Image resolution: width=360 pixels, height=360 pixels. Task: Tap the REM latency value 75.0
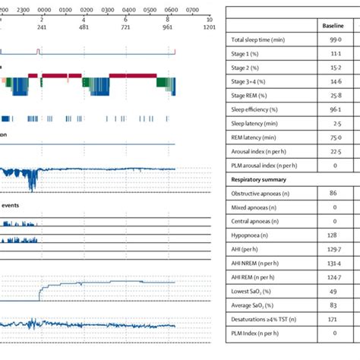click(x=335, y=137)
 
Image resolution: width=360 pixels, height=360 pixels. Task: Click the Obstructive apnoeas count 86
click(x=333, y=194)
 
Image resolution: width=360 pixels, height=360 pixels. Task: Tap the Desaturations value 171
click(x=333, y=319)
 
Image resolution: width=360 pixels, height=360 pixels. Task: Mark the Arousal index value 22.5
click(x=335, y=151)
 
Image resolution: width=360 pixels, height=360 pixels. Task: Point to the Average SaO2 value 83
click(x=333, y=305)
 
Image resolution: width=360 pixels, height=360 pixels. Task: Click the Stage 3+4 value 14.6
click(x=335, y=82)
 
